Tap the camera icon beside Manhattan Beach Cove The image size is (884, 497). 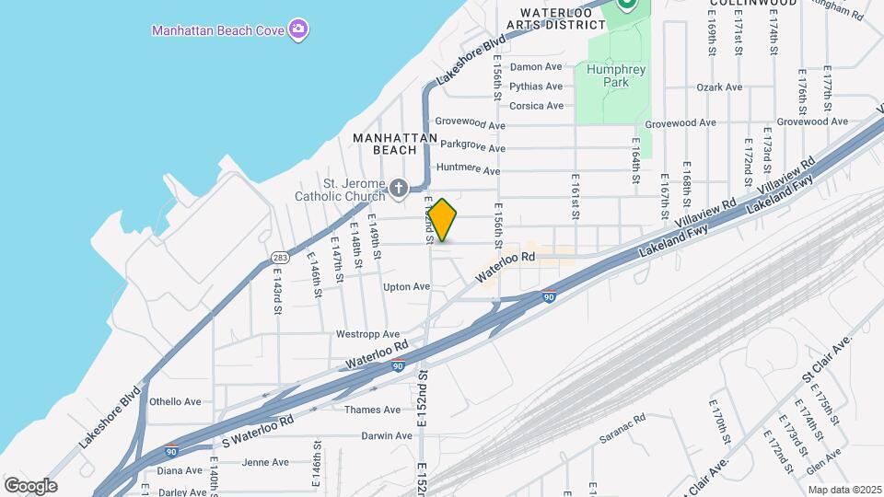click(297, 29)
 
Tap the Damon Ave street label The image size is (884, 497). click(536, 66)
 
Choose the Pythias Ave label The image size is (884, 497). click(537, 87)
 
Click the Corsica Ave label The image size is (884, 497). click(537, 106)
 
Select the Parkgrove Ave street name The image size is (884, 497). click(472, 146)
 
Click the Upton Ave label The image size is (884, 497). click(407, 287)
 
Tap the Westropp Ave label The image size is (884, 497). click(368, 334)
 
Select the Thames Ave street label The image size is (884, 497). click(373, 410)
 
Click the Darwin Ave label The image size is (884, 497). click(386, 435)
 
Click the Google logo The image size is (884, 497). click(30, 485)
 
